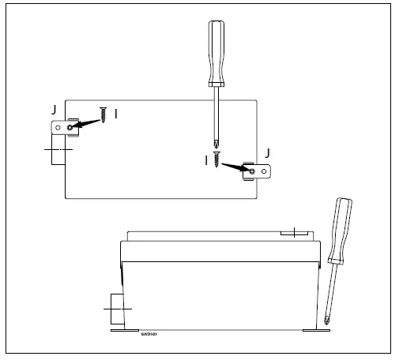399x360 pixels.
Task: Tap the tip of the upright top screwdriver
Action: (x=216, y=144)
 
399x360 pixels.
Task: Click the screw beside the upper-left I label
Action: (x=103, y=114)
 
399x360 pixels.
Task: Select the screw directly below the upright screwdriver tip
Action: (x=215, y=159)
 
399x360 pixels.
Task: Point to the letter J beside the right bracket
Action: (x=267, y=152)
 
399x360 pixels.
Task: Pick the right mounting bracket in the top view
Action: (x=258, y=170)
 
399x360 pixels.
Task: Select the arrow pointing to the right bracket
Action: (x=235, y=166)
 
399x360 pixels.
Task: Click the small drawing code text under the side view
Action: (x=150, y=333)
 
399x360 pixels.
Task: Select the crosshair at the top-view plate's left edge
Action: (x=58, y=148)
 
